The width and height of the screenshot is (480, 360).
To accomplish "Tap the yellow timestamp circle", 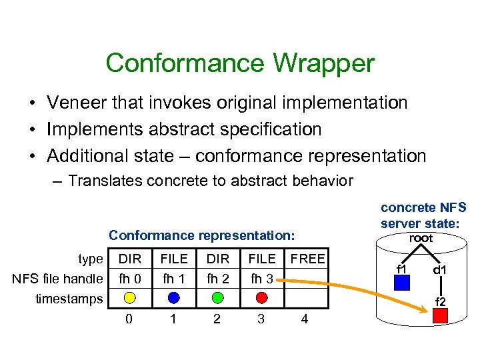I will pyautogui.click(x=129, y=297).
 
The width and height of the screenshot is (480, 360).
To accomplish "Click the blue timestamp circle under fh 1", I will pyautogui.click(x=173, y=297).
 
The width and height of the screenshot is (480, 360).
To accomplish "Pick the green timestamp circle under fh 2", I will pyautogui.click(x=217, y=297).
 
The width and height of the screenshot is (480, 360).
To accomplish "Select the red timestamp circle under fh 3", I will pyautogui.click(x=261, y=297).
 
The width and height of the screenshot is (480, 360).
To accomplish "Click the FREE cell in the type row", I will pyautogui.click(x=308, y=259).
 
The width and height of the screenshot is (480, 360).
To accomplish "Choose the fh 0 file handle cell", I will pyautogui.click(x=129, y=278).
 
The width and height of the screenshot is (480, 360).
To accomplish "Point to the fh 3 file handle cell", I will pyautogui.click(x=261, y=278).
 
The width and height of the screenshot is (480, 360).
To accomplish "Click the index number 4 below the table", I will pyautogui.click(x=305, y=319).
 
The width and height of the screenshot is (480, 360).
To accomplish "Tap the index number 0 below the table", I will pyautogui.click(x=129, y=319).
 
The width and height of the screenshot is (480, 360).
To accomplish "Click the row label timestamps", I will pyautogui.click(x=69, y=299).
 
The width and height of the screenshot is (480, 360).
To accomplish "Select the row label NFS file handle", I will pyautogui.click(x=57, y=279).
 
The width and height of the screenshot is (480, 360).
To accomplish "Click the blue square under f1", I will pyautogui.click(x=401, y=283).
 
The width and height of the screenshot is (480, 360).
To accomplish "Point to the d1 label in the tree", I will pyautogui.click(x=440, y=271).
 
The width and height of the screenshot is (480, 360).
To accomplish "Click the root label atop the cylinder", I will pyautogui.click(x=421, y=239).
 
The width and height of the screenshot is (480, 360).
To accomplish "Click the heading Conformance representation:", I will pyautogui.click(x=201, y=235).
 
